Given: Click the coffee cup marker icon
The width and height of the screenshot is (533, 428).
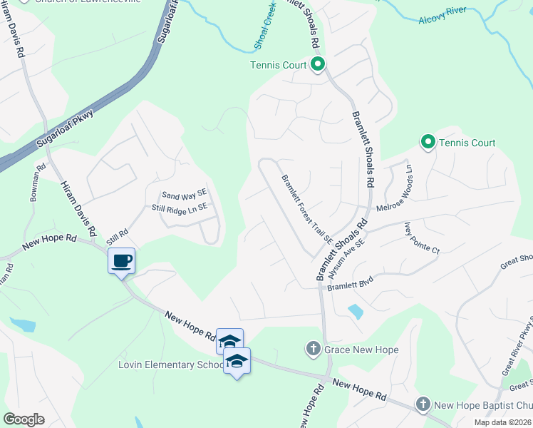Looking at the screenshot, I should [122, 260].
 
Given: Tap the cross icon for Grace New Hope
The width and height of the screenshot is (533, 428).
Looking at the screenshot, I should [312, 350].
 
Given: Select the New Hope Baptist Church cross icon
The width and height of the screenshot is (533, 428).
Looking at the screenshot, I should [423, 404].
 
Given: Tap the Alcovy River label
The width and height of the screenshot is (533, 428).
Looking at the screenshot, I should [442, 16].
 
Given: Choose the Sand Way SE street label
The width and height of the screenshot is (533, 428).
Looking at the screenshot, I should [184, 195].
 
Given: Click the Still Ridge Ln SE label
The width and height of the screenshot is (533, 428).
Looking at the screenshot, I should [179, 208].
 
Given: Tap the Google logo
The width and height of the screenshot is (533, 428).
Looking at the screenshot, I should [24, 419].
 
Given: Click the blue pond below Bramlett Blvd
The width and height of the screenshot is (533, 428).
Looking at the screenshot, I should [355, 311].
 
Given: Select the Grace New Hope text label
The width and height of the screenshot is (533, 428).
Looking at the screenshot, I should [361, 350].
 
